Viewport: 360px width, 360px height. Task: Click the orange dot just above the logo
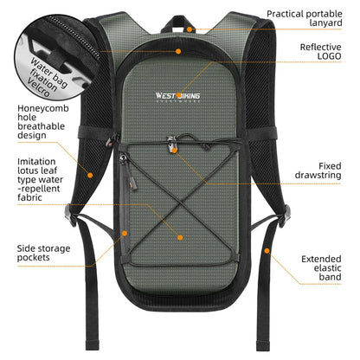(x=178, y=51)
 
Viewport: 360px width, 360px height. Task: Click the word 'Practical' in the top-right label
(x=290, y=14)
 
